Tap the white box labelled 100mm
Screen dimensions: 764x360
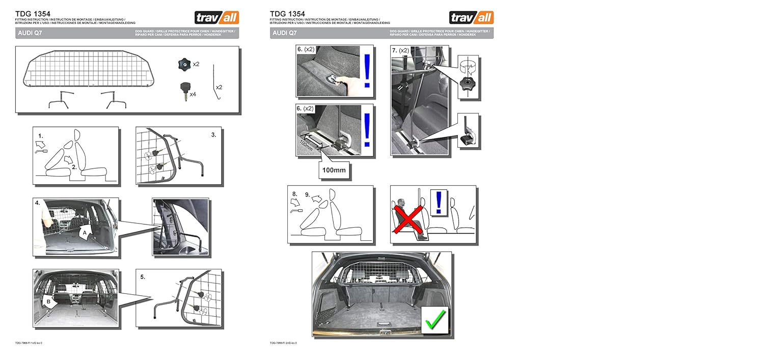(x=335, y=169)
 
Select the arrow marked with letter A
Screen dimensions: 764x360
(x=87, y=232)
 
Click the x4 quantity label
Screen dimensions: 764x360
(x=193, y=94)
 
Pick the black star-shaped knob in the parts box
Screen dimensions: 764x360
(x=183, y=64)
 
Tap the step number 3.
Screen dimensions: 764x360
(x=213, y=135)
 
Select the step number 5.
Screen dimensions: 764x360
(x=143, y=276)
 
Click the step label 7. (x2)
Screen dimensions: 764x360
(x=400, y=51)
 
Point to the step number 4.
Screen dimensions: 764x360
(x=37, y=203)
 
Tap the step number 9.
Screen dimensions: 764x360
(x=308, y=194)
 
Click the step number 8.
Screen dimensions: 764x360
(x=294, y=193)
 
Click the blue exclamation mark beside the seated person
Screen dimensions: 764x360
(x=438, y=202)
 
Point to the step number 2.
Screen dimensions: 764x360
(x=74, y=166)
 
